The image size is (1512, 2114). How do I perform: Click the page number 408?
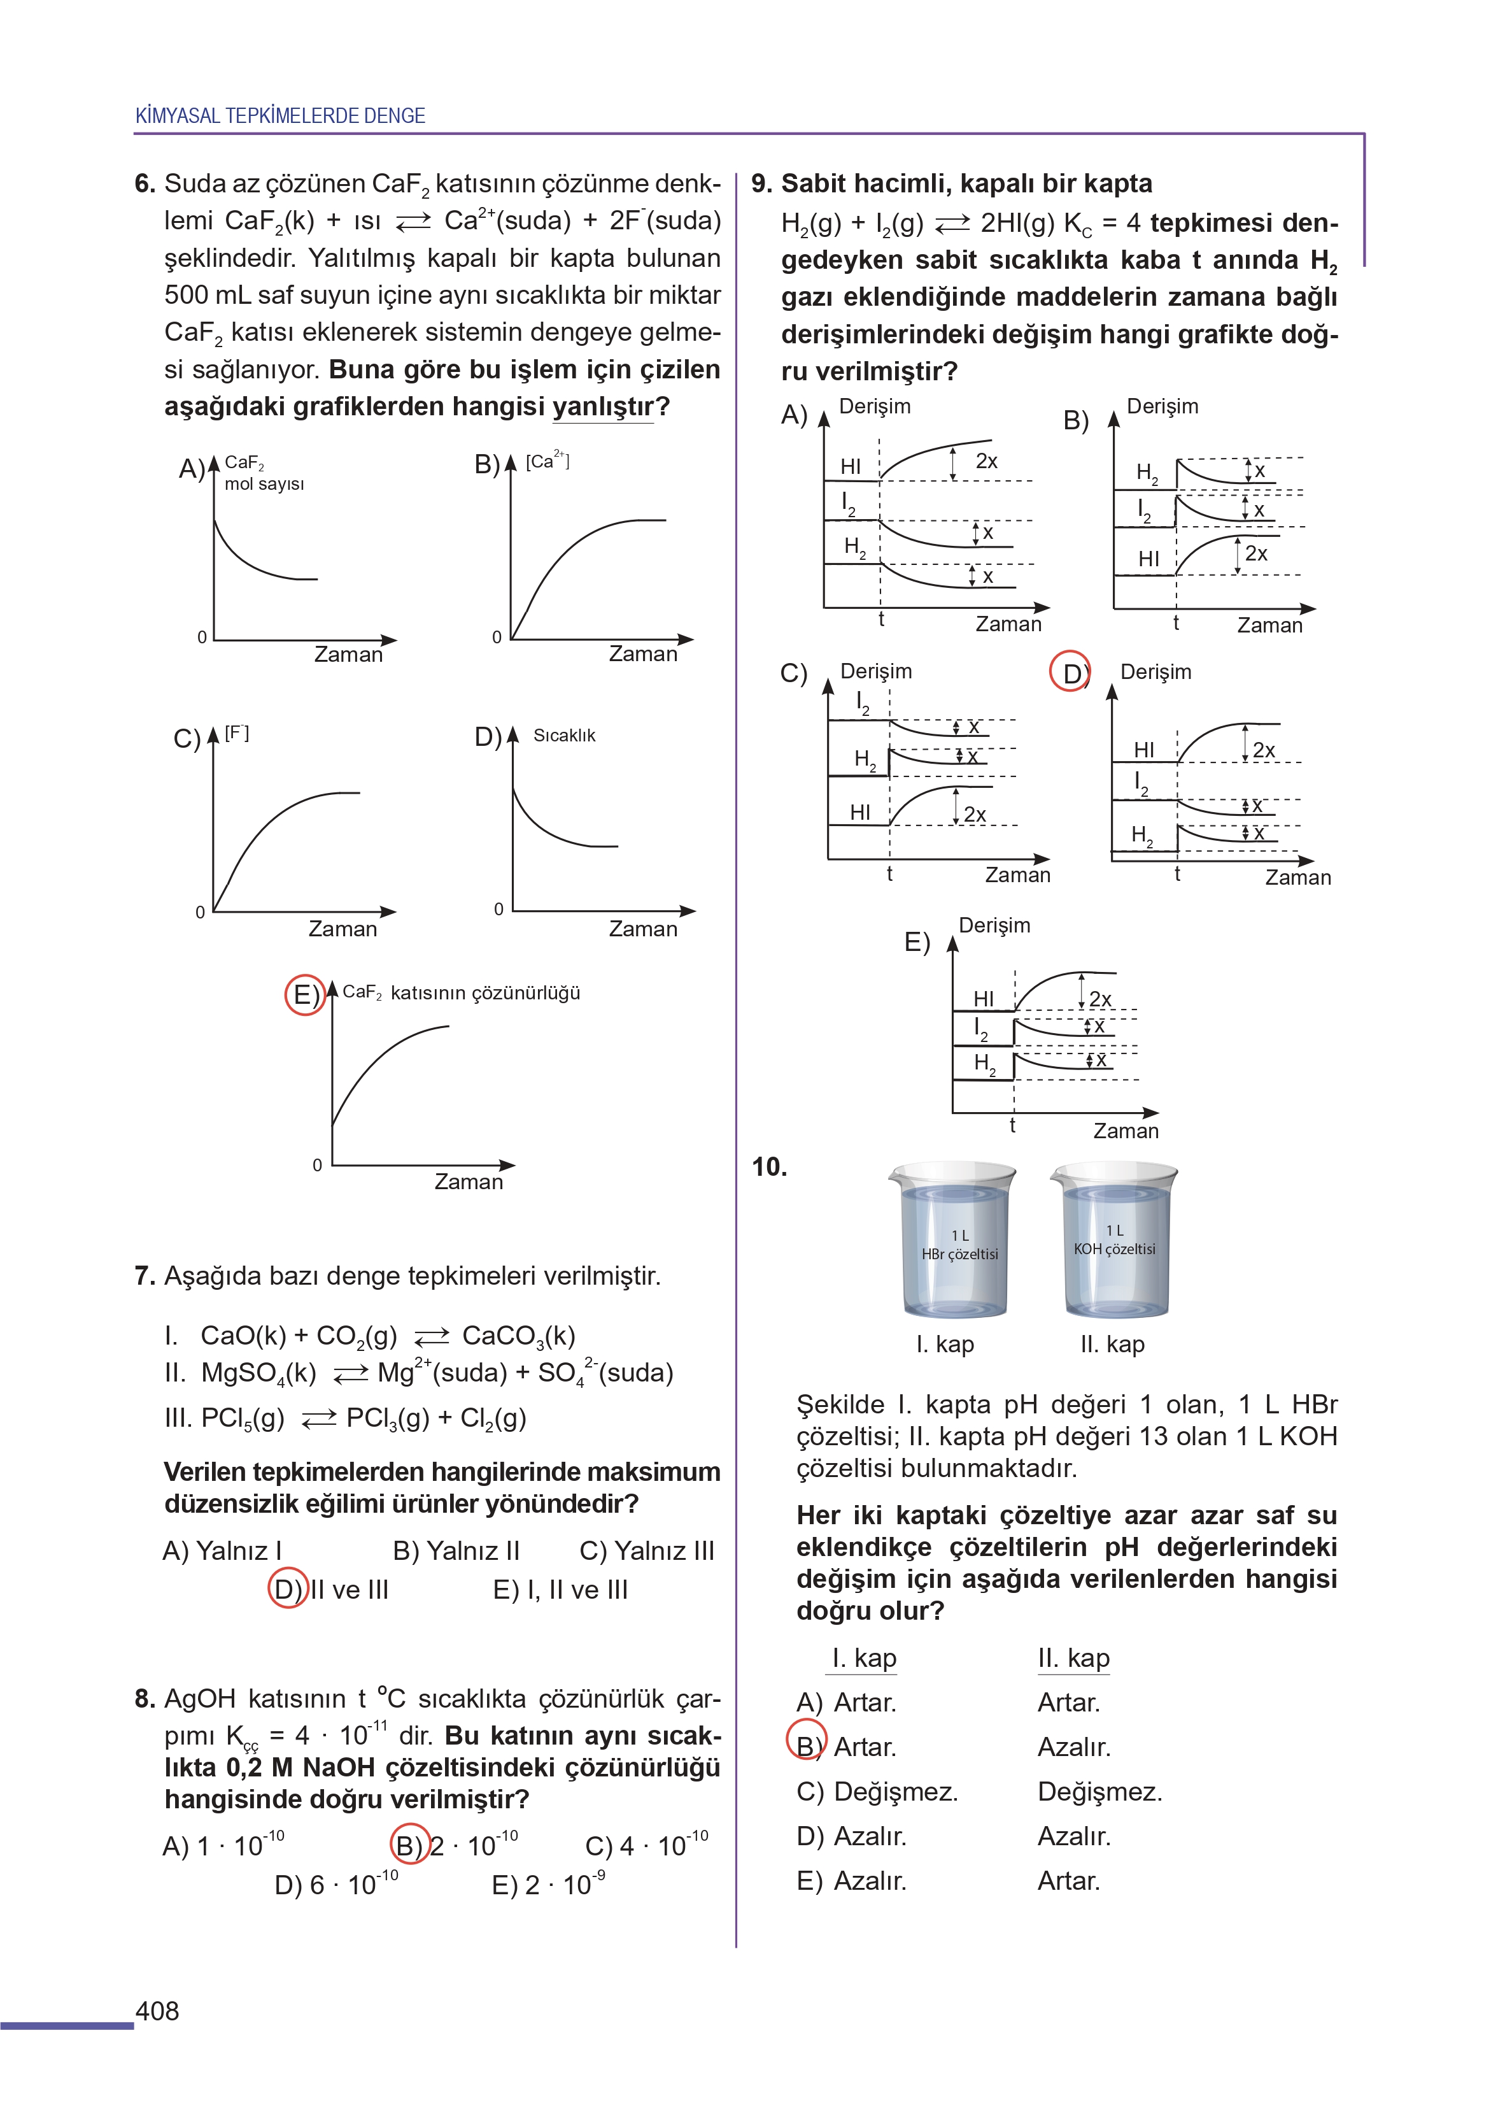click(x=157, y=2011)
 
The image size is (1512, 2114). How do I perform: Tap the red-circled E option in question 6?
click(x=304, y=995)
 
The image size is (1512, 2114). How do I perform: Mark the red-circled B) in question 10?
click(x=806, y=1746)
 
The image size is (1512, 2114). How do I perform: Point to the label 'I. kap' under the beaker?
click(x=945, y=1344)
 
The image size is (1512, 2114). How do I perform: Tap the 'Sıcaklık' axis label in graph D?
click(x=564, y=736)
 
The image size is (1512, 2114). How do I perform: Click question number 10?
click(x=769, y=1167)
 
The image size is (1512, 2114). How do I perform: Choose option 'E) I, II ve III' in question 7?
click(x=560, y=1590)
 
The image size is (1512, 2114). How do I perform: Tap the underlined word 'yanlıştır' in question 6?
click(x=604, y=407)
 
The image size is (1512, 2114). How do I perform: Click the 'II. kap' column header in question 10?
click(x=1073, y=1659)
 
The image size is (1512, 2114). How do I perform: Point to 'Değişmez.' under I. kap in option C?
click(x=896, y=1792)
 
